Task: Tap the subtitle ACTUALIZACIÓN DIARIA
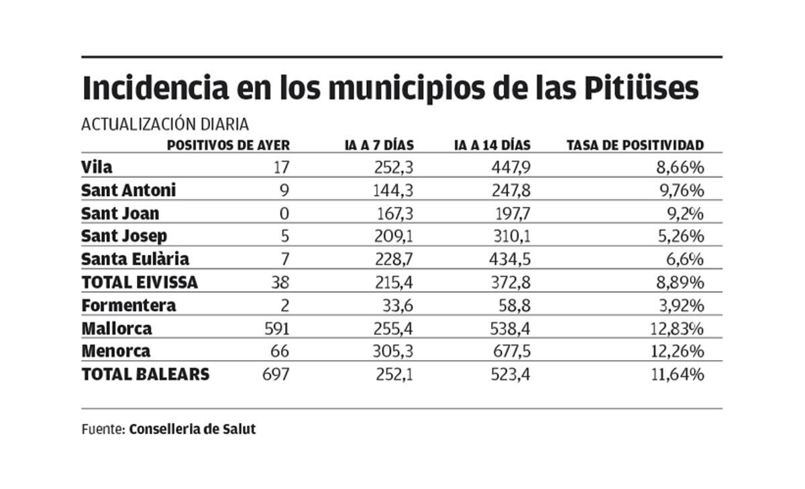point(165,124)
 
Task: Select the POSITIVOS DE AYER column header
point(228,145)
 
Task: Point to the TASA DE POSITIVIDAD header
point(635,145)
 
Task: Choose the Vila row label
point(97,167)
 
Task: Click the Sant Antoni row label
point(128,191)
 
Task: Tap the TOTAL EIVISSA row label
point(140,283)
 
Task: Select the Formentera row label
point(129,306)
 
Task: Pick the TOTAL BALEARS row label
point(145,375)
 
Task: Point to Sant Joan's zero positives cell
point(284,214)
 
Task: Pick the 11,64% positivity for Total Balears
point(678,375)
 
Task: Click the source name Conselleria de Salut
point(193,429)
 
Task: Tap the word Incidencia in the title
point(154,89)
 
